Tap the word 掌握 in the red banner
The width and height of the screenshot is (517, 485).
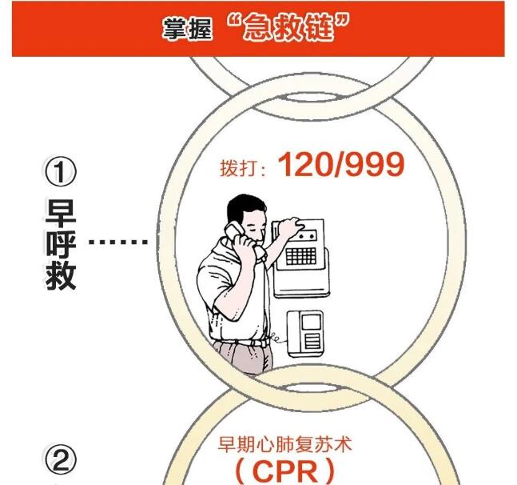click(189, 30)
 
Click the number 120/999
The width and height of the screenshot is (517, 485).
click(341, 165)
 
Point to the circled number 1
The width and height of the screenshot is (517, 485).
click(61, 172)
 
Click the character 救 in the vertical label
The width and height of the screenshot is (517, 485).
click(61, 275)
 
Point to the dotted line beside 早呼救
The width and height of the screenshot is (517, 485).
click(119, 242)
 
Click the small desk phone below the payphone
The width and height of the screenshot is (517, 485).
click(305, 332)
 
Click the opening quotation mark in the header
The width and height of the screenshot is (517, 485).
click(235, 22)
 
